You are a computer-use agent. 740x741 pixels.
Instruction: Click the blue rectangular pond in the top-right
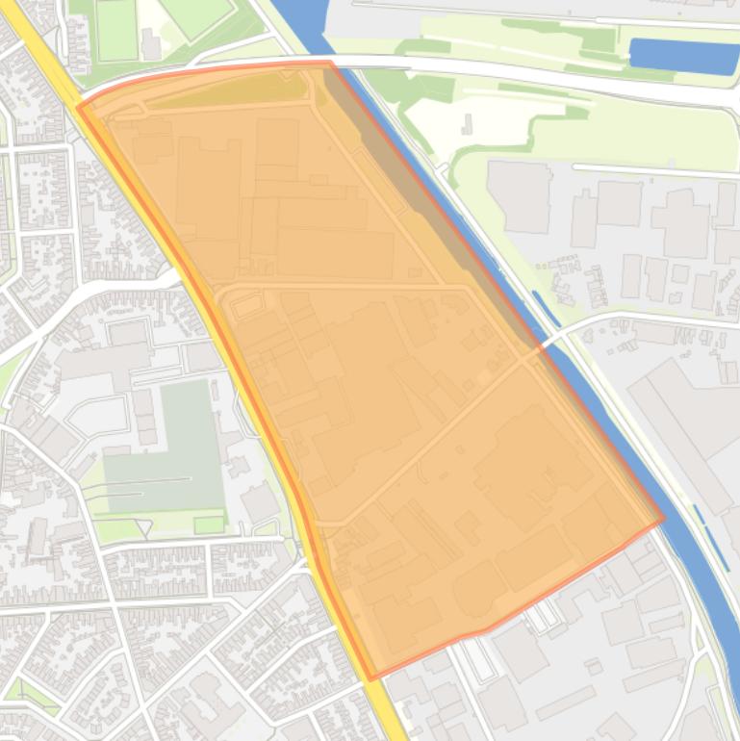(684, 56)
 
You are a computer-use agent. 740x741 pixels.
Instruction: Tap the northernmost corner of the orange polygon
(329, 63)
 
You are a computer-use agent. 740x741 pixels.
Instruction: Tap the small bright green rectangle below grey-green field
(208, 525)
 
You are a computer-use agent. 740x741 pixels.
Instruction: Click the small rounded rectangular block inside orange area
(247, 307)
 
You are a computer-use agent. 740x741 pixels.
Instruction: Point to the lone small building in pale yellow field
(468, 124)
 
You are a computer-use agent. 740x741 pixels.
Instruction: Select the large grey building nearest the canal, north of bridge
(520, 197)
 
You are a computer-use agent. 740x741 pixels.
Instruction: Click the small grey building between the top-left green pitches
(151, 43)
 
